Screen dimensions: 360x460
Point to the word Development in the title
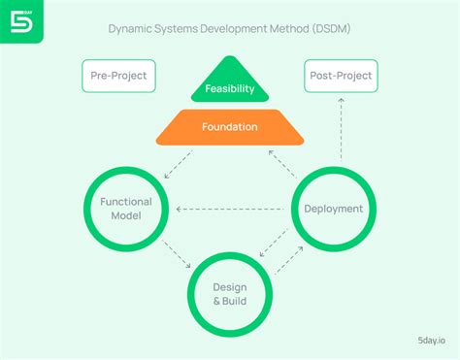(246, 28)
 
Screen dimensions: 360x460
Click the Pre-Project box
(119, 76)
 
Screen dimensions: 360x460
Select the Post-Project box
(340, 76)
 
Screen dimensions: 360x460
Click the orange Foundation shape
(230, 126)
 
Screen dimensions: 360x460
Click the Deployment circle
(333, 208)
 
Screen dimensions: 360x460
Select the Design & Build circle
(230, 293)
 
